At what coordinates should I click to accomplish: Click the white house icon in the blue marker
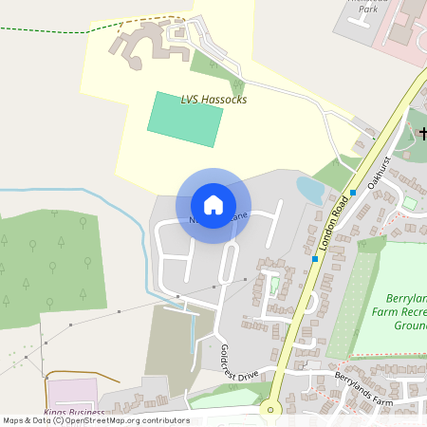click(x=213, y=205)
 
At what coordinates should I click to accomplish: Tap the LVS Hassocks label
click(x=213, y=99)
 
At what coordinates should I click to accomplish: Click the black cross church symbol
click(x=421, y=134)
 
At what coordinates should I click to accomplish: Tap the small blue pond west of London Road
click(x=310, y=190)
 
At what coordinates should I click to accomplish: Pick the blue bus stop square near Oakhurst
click(x=353, y=193)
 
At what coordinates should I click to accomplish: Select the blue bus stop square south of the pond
click(x=315, y=258)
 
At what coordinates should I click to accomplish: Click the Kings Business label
click(x=74, y=413)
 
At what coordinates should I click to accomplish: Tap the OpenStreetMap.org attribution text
click(x=114, y=419)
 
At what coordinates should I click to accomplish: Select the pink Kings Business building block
click(x=72, y=392)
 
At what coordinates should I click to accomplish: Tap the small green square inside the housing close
click(x=274, y=286)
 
